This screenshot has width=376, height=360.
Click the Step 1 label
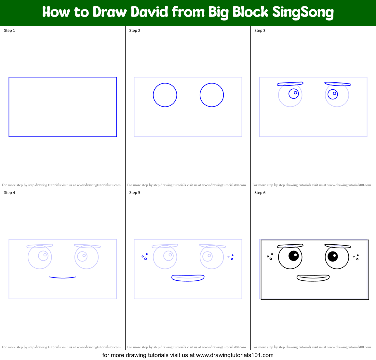tap(9, 31)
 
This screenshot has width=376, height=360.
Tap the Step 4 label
tap(9, 193)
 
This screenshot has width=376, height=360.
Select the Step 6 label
tap(260, 193)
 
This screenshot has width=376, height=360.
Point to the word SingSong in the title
tap(303, 12)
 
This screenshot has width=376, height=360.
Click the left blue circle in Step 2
tap(165, 95)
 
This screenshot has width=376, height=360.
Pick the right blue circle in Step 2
tap(212, 95)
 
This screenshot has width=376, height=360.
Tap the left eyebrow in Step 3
tap(290, 84)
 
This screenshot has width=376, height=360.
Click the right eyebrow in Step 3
tap(338, 84)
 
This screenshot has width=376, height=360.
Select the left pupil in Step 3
tap(294, 94)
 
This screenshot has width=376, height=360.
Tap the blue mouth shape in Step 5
tap(188, 278)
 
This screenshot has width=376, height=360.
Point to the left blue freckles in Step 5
tap(145, 257)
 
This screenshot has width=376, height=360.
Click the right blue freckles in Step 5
tap(231, 257)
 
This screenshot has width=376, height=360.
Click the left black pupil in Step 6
tap(294, 256)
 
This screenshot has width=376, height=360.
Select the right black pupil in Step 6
tap(333, 256)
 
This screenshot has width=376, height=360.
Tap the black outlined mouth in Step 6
tap(313, 278)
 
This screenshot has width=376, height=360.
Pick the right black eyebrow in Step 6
tap(338, 246)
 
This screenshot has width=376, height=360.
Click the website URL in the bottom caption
tap(235, 355)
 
